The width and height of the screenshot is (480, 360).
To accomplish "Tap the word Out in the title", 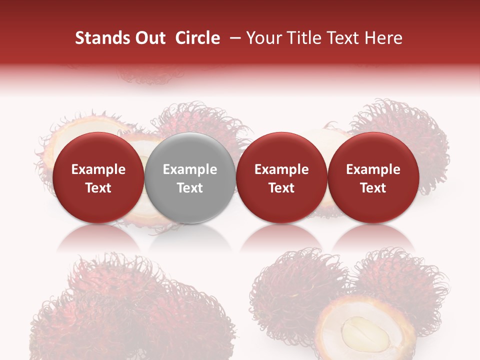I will pos(149,38).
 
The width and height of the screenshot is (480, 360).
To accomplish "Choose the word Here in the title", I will pos(384,38).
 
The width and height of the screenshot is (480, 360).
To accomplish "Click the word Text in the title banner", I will pos(343,38).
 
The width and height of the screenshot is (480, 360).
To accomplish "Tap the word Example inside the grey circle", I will pos(190,169).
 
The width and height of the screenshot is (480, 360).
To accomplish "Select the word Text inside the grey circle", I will pos(190,188).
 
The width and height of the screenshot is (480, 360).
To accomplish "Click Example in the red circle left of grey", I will pos(98,169).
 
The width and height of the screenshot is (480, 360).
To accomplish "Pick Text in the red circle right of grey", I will pos(281,188).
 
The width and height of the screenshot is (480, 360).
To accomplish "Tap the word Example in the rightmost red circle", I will pos(373,169).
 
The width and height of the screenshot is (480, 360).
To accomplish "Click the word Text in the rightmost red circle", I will pos(373,188).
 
